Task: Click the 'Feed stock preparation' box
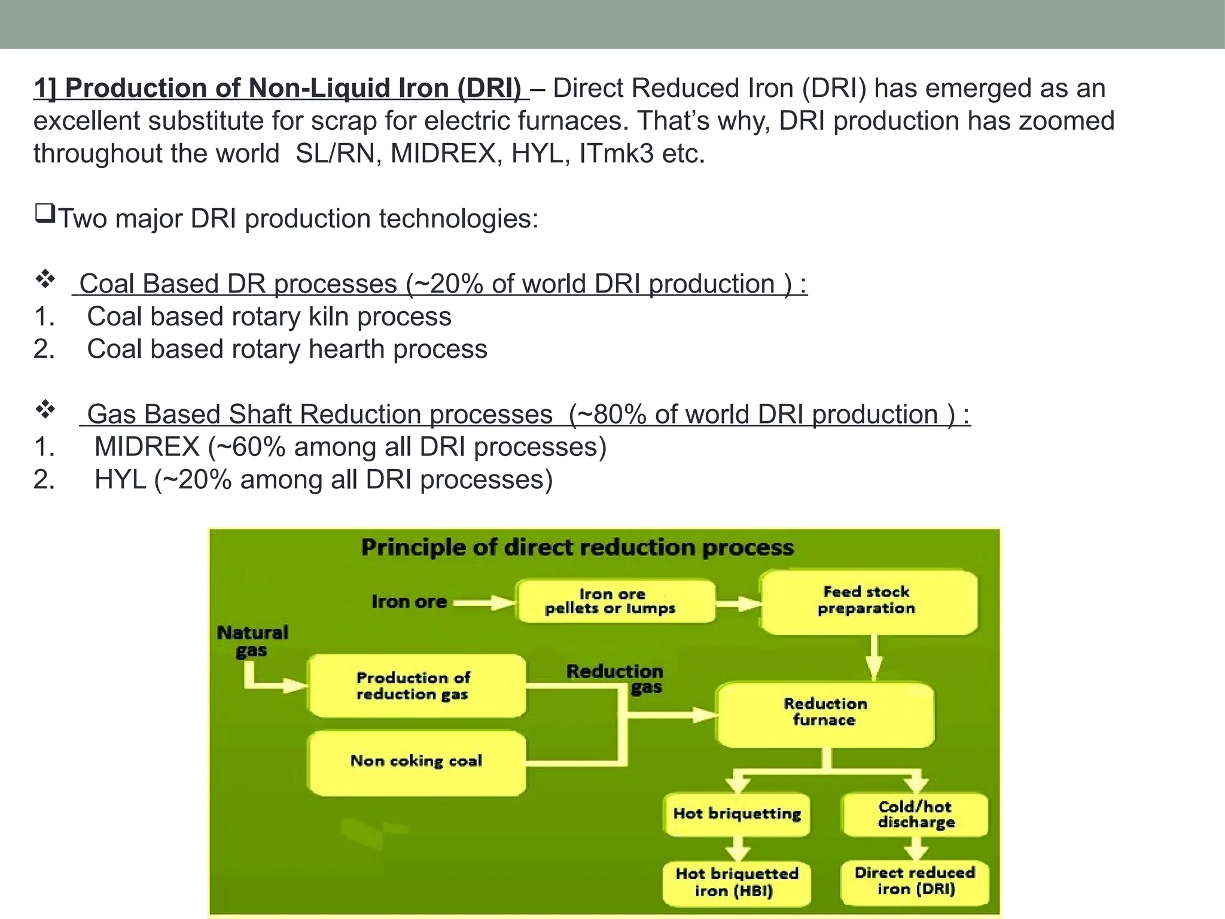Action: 869,601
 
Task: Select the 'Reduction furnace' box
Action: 825,713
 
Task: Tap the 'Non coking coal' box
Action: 417,762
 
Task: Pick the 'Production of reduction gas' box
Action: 417,686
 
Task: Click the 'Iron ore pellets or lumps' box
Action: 615,601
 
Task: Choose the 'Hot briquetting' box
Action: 737,814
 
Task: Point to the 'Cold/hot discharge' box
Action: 915,814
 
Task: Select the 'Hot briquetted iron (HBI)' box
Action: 737,883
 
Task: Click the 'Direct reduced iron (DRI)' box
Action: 915,881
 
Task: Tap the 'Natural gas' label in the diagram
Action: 252,641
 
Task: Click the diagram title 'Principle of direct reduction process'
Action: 577,547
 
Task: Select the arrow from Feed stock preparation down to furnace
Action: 874,657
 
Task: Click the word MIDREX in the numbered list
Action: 147,447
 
